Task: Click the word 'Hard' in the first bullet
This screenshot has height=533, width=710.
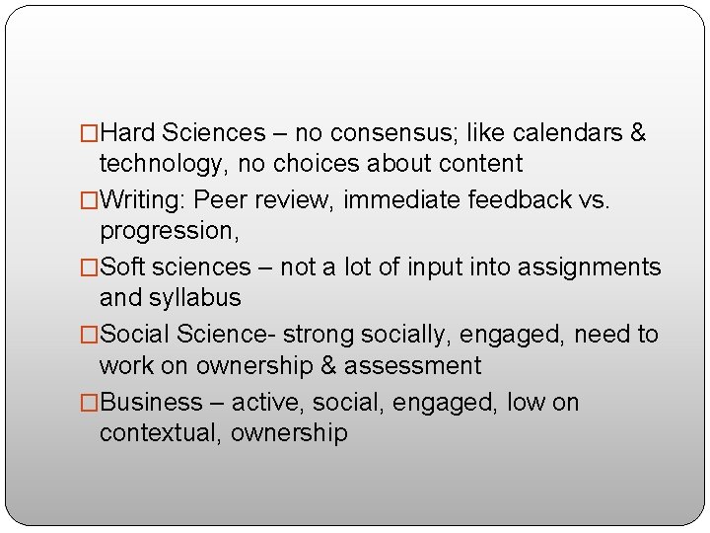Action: [x=128, y=132]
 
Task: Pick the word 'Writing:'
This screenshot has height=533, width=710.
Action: [x=144, y=199]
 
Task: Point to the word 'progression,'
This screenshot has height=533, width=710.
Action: [x=171, y=230]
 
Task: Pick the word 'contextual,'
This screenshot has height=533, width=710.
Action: [x=161, y=432]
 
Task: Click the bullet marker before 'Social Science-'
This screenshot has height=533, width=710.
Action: [x=90, y=335]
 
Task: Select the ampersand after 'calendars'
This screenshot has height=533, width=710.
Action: [x=637, y=132]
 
